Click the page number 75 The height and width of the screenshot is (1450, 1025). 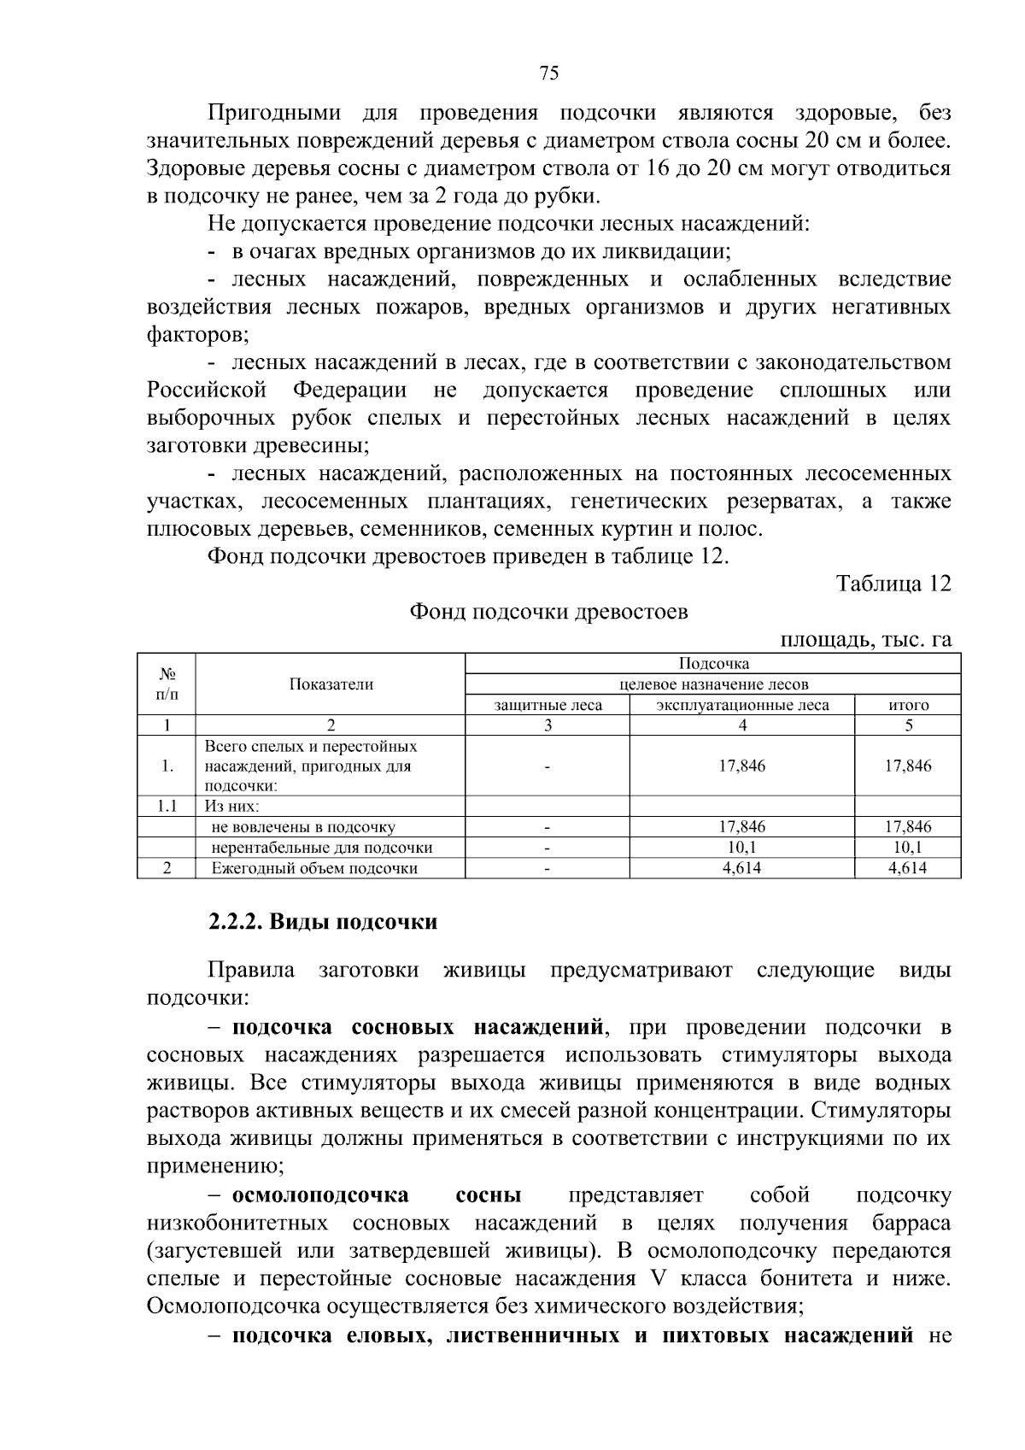coord(549,73)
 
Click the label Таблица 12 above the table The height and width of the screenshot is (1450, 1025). coord(893,584)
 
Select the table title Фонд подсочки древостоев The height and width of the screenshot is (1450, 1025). coord(548,613)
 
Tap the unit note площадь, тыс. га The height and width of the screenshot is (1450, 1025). coord(866,640)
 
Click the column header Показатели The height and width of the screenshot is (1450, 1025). coord(331,684)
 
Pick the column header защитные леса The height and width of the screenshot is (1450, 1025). coord(548,706)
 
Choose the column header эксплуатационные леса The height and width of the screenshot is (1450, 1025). coord(742,706)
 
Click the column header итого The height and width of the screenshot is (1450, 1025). coord(908,706)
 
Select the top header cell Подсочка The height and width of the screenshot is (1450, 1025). coord(713,664)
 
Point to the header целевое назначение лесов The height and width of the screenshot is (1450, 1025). coord(713,684)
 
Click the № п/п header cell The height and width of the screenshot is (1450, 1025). coord(167,684)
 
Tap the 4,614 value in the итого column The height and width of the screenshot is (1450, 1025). coord(908,869)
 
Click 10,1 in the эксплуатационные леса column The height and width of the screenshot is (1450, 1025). coord(742,848)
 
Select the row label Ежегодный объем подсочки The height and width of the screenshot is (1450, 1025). coord(314,869)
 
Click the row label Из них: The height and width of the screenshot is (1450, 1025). coord(231,807)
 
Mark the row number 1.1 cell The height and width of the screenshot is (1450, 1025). coord(167,807)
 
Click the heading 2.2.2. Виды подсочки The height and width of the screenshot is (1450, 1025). coord(323,923)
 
